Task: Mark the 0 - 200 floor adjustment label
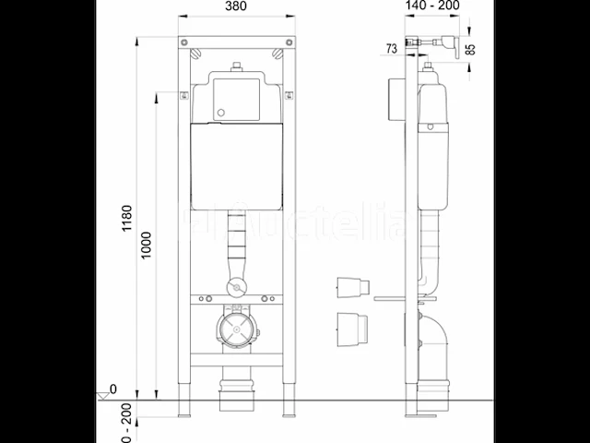tap(127, 419)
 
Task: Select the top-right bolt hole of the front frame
tap(290, 42)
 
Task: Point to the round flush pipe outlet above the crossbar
tap(239, 287)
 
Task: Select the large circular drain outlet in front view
tap(239, 329)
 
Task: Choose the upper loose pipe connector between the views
tap(353, 286)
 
